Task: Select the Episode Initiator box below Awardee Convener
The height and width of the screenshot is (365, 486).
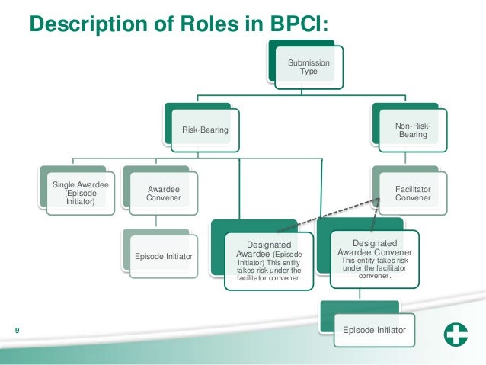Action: click(161, 255)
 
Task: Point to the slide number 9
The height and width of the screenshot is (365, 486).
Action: click(17, 330)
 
